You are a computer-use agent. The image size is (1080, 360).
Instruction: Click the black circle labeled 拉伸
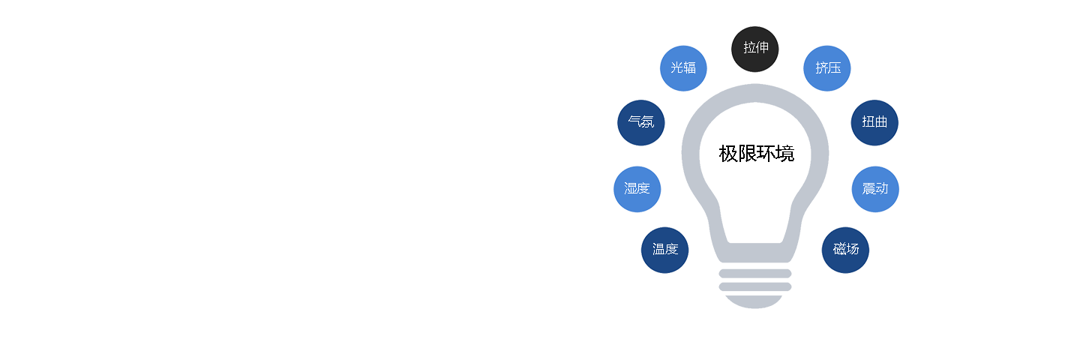(754, 49)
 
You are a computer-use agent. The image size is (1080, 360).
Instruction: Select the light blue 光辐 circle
(683, 68)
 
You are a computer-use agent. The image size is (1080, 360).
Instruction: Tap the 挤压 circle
(826, 68)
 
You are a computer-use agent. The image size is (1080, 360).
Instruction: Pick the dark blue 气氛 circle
(640, 122)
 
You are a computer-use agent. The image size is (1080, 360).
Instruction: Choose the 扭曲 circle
(874, 122)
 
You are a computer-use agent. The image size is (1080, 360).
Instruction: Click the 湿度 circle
(637, 189)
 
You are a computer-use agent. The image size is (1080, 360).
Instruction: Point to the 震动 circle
(875, 189)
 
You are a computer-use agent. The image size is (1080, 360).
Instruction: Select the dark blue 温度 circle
(664, 250)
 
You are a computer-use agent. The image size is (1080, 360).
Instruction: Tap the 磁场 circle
(845, 250)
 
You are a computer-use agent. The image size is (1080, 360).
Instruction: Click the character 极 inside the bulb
(728, 154)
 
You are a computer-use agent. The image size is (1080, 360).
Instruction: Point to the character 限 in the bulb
(747, 154)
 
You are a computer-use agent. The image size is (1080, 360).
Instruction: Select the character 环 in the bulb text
(766, 154)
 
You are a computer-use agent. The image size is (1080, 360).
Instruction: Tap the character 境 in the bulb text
(785, 154)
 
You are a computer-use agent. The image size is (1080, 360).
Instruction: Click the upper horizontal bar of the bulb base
(755, 274)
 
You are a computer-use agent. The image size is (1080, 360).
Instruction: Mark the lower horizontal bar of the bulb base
(755, 287)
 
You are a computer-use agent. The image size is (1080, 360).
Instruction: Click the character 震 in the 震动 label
(868, 188)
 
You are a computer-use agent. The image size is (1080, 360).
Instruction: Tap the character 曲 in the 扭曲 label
(880, 122)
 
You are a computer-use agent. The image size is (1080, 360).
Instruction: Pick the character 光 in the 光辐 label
(677, 67)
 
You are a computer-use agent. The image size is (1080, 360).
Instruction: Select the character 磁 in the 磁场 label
(839, 249)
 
